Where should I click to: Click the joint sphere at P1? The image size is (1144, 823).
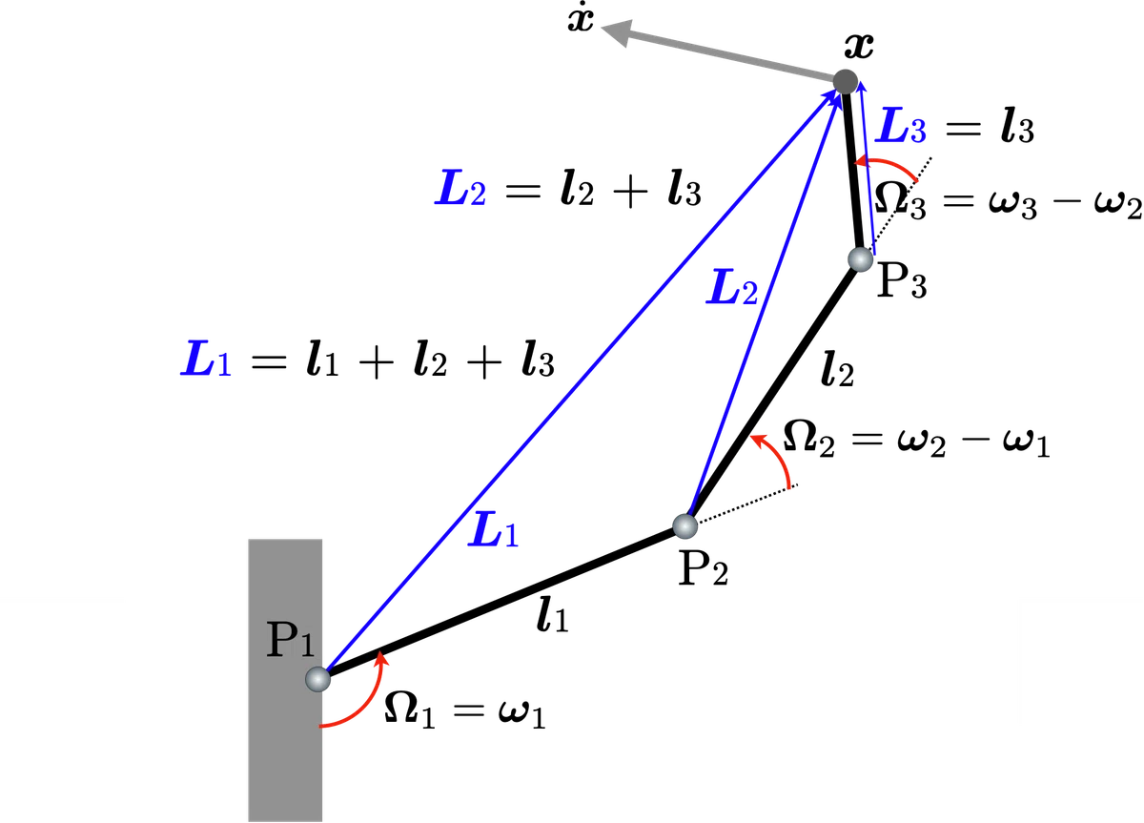pyautogui.click(x=317, y=679)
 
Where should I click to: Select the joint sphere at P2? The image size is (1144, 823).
pyautogui.click(x=684, y=526)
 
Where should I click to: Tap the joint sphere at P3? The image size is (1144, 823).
pyautogui.click(x=861, y=259)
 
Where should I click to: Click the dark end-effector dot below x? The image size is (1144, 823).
pyautogui.click(x=846, y=82)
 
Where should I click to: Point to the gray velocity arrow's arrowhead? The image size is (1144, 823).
pyautogui.click(x=617, y=32)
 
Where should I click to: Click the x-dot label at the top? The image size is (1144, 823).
pyautogui.click(x=581, y=20)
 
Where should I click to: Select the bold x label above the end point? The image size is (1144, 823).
pyautogui.click(x=859, y=46)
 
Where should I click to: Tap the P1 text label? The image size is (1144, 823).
pyautogui.click(x=290, y=639)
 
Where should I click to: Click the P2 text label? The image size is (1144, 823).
pyautogui.click(x=703, y=568)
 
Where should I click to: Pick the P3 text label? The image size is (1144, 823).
pyautogui.click(x=902, y=282)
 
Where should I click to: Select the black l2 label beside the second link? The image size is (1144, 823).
pyautogui.click(x=838, y=368)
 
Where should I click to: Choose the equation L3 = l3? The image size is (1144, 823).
pyautogui.click(x=954, y=126)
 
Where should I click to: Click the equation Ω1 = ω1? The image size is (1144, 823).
pyautogui.click(x=465, y=710)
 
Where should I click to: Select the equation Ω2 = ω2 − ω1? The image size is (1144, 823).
pyautogui.click(x=916, y=440)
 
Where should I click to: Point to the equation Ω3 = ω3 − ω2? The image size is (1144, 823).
pyautogui.click(x=1008, y=201)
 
